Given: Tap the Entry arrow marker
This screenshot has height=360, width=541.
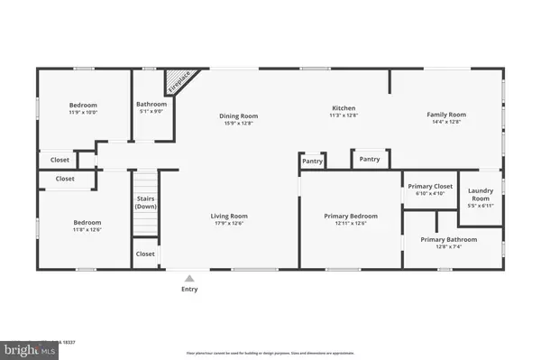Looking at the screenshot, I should pos(189,278).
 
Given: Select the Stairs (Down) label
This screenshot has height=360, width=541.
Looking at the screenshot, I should pos(146,202).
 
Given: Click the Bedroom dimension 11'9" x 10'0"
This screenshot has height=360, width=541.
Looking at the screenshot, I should pos(84,113).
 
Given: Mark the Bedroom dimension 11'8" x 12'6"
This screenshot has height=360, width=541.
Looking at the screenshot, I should pos(87,230).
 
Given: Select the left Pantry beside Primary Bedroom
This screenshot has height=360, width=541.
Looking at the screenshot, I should pos(312,161).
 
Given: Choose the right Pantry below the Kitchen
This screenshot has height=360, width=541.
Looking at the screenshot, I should pos(370,159).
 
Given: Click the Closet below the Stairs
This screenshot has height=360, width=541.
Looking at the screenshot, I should pos(145,254).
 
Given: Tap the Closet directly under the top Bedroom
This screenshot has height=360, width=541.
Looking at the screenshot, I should pos(60,160).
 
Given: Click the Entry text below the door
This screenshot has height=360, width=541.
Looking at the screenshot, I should pos(189,289).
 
